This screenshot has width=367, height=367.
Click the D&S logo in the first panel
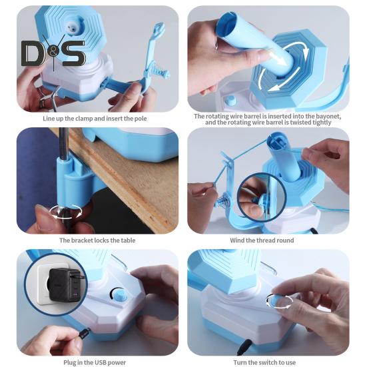tap(53, 53)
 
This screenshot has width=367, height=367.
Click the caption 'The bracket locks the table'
tap(92, 240)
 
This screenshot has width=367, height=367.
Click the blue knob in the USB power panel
tap(120, 294)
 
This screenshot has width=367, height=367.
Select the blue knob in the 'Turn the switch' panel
tap(275, 301)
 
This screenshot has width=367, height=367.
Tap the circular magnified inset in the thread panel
tap(262, 198)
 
